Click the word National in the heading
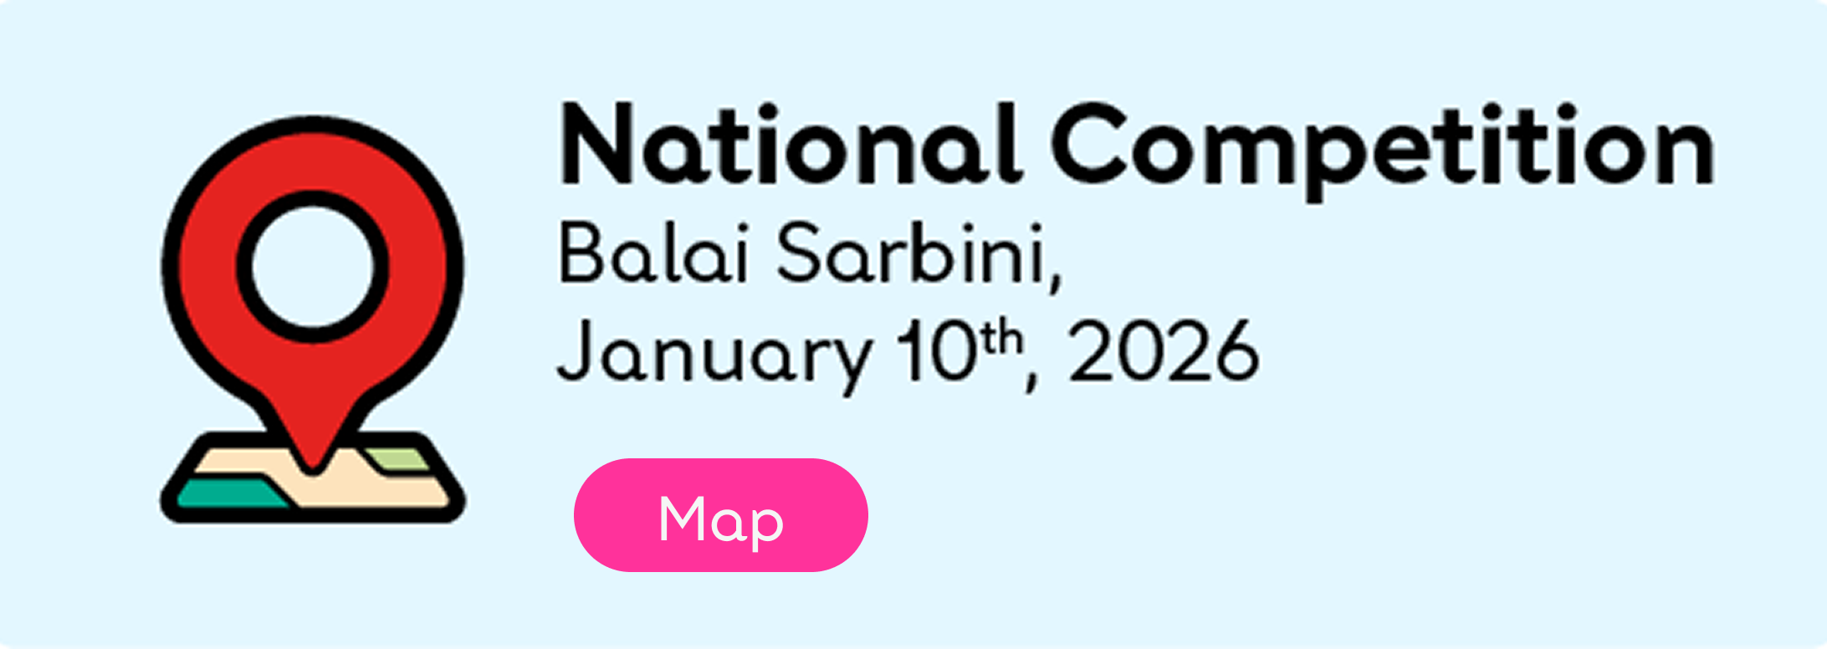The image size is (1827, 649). pos(791,143)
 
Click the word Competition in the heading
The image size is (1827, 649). pos(1383,151)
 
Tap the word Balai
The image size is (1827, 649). pos(652,252)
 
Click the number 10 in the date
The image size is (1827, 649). pos(936,351)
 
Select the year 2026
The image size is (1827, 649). pos(1164,351)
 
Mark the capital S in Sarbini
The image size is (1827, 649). pos(799,252)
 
